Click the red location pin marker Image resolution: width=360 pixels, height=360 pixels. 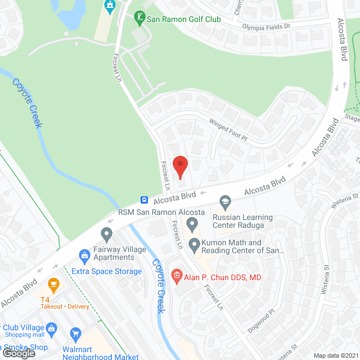pos(179,166)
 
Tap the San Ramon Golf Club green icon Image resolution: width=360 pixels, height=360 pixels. pos(139,19)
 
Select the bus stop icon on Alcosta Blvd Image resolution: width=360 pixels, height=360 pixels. pos(145,200)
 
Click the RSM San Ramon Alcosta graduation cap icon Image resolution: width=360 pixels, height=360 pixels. pos(225,201)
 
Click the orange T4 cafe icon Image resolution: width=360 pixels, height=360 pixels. pos(54,283)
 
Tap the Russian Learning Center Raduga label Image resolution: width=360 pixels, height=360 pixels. pos(242,221)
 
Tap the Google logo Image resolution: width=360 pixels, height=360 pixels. pos(19,353)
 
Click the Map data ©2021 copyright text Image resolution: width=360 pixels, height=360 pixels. pos(335,355)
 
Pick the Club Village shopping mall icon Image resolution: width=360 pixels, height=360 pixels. pos(51,328)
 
